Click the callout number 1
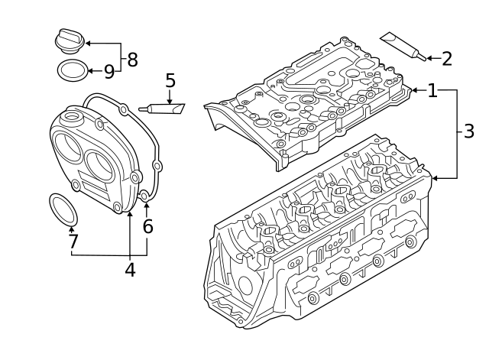pos(432,91)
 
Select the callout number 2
pos(447,58)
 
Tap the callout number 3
pos(469,132)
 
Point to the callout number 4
pos(130,269)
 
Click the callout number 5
pos(170,80)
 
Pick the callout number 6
pos(147,226)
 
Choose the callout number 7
pos(73,242)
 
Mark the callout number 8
pos(132,59)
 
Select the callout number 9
pos(108,72)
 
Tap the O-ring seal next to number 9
pos(72,71)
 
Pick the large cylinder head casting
pos(321,245)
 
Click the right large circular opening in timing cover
pos(102,164)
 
